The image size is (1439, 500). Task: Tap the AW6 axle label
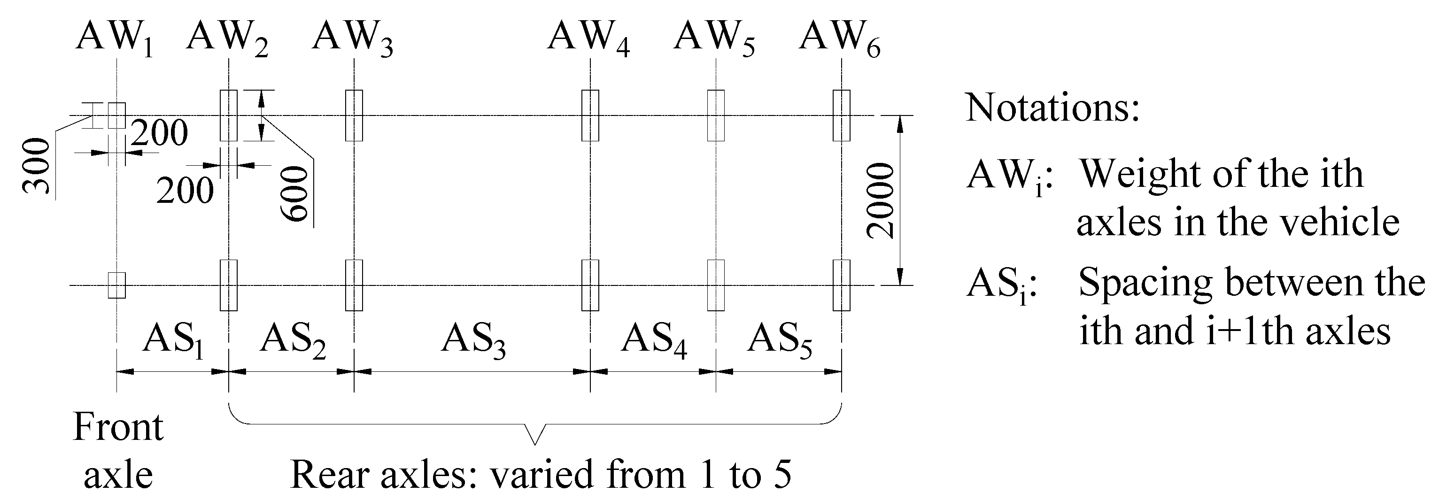coord(839,39)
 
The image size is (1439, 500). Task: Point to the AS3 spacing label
coord(473,339)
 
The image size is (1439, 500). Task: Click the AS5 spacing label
coord(780,339)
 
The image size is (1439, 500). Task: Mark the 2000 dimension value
coord(881,200)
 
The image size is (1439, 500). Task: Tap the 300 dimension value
coord(36,166)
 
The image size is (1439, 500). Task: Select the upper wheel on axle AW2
coord(228,115)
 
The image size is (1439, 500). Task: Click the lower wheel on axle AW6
coord(841,285)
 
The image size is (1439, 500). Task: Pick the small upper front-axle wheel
coord(117,115)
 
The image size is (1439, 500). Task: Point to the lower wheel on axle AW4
coord(590,285)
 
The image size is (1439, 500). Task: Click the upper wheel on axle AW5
coord(716,115)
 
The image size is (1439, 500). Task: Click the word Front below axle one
coord(118,428)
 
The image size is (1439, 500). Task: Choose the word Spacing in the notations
coord(1144,283)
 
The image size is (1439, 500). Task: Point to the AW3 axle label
coord(352,39)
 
